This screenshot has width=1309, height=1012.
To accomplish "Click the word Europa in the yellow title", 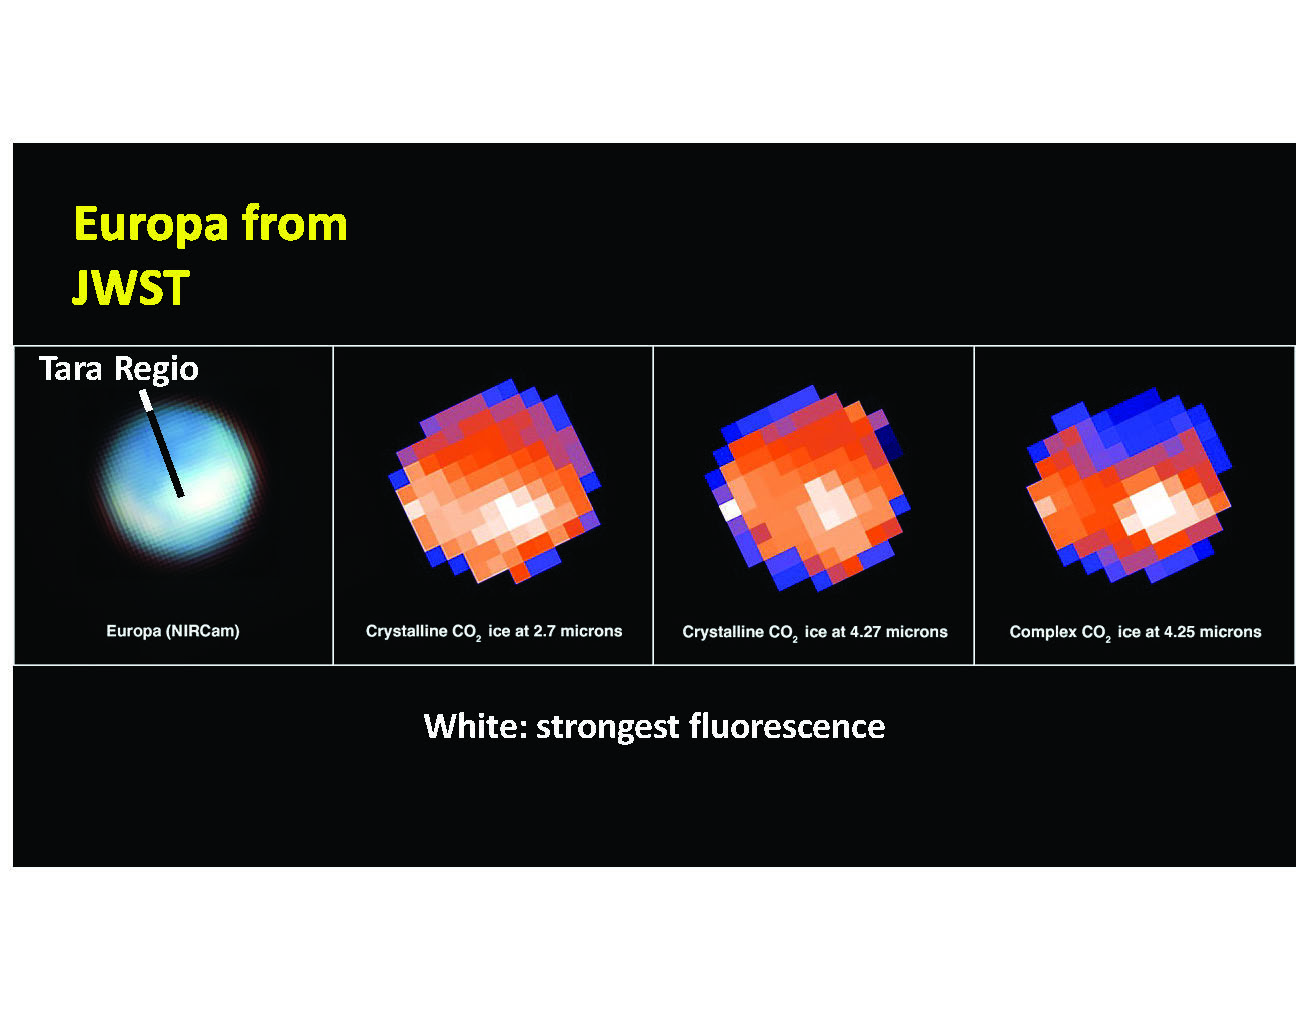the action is click(151, 225).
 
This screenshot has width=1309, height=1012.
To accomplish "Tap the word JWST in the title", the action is click(131, 287).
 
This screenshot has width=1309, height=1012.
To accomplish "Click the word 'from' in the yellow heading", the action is click(295, 222).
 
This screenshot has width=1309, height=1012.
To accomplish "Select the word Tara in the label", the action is click(70, 368).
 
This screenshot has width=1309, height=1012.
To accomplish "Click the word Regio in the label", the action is click(156, 369).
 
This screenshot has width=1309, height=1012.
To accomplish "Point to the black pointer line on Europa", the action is click(163, 448).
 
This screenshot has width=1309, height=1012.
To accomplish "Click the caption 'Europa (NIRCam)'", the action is click(173, 631).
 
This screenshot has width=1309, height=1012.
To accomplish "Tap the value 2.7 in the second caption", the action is click(544, 631).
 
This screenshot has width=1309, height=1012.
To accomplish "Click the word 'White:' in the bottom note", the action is click(476, 726).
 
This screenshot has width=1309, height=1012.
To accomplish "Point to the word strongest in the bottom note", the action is click(607, 728).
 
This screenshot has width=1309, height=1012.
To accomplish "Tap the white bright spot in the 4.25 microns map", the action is click(1152, 505).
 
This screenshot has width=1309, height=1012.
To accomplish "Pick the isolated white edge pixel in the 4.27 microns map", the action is click(731, 510).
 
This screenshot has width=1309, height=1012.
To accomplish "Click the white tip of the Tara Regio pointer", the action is click(146, 401).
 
